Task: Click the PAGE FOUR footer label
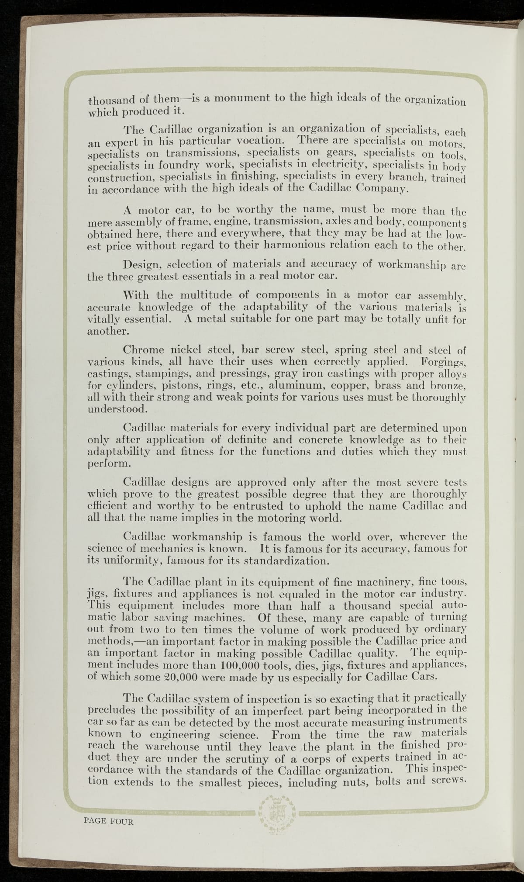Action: [108, 821]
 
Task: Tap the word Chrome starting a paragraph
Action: [143, 350]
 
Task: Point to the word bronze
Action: [449, 386]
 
